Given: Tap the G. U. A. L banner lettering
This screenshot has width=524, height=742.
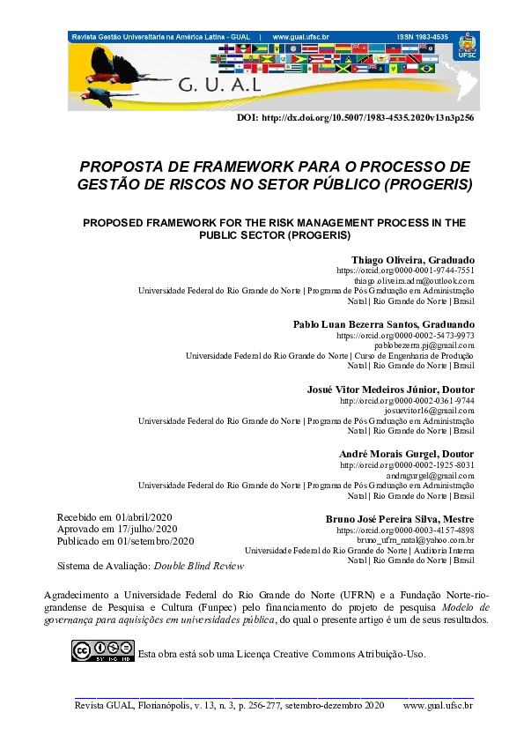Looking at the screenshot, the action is (219, 86).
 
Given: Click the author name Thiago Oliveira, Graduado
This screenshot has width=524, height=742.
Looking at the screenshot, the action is (413, 260).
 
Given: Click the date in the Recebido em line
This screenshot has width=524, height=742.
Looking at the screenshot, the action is (144, 517).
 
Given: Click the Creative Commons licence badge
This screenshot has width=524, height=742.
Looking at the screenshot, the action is (103, 651).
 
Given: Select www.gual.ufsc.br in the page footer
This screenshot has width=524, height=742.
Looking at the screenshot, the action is (438, 706).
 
